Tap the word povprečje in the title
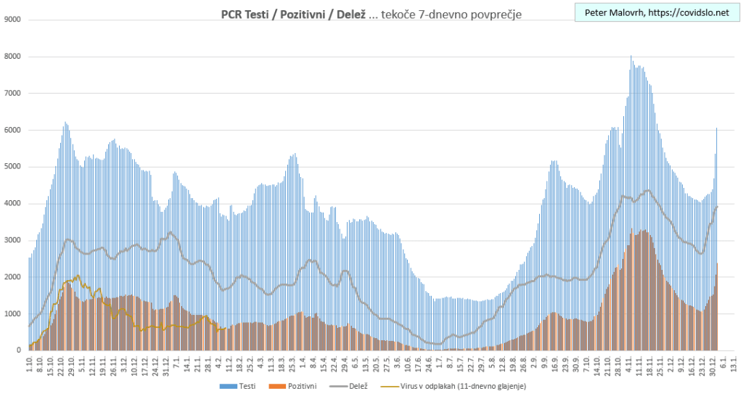(496, 14)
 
